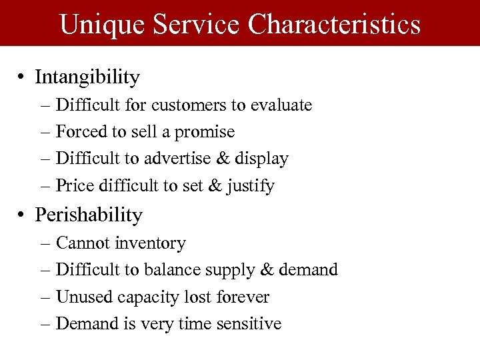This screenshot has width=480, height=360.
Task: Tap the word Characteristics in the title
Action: [335, 24]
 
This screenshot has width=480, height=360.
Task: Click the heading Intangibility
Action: [87, 77]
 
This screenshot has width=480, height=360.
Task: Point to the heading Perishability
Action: [89, 215]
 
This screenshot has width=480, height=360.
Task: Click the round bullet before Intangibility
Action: [23, 78]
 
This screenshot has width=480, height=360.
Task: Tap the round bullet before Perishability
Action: [23, 215]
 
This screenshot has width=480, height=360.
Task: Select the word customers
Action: [186, 105]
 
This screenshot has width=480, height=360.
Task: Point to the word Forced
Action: [78, 132]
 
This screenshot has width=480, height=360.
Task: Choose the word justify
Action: [249, 186]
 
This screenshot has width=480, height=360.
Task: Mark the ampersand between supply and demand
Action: [267, 270]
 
